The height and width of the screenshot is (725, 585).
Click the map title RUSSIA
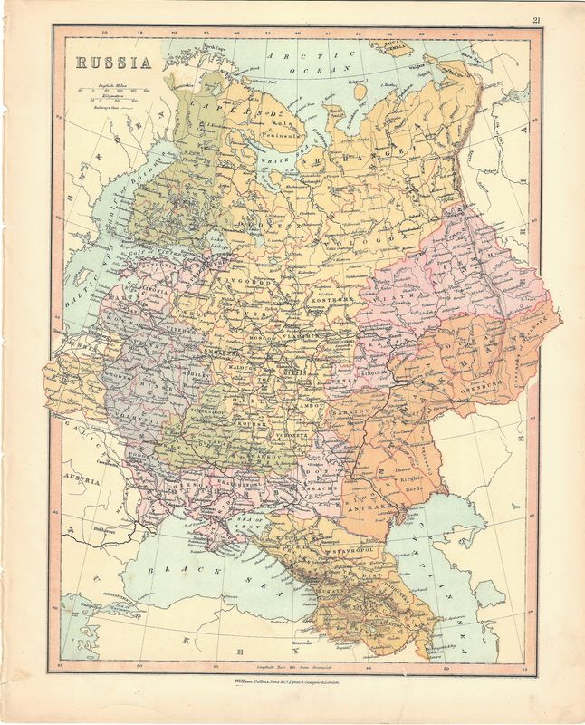click(112, 63)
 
